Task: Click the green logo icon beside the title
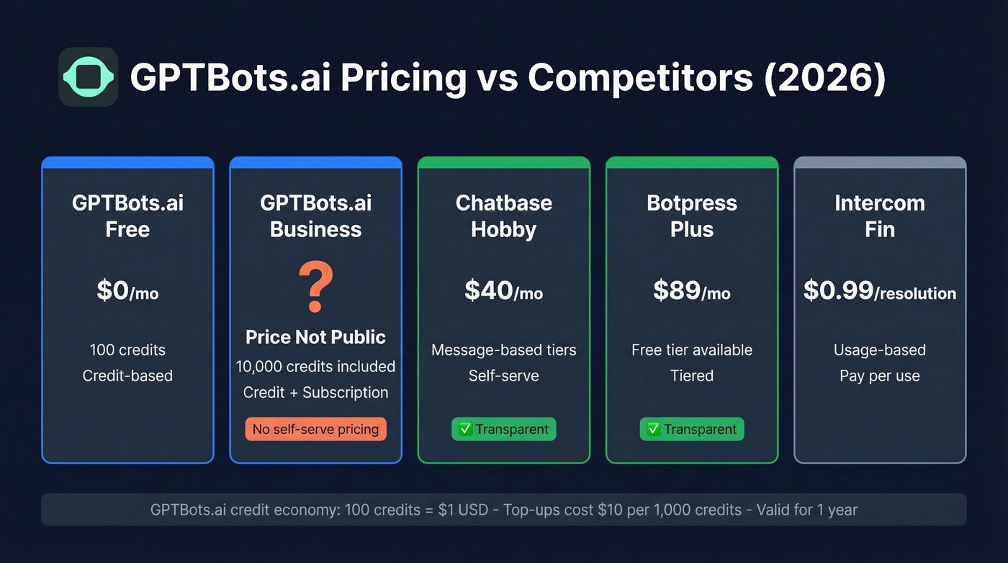88,77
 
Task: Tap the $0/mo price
127,291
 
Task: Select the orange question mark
315,288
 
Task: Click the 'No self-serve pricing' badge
315,430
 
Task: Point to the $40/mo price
503,291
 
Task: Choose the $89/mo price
691,291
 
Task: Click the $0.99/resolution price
879,291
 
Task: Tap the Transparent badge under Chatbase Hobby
503,430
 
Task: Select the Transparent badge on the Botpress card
691,430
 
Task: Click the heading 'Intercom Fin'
879,216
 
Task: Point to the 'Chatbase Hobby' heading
503,216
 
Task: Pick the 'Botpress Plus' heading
691,216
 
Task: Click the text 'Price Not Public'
315,337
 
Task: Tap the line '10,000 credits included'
315,366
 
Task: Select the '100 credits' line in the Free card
127,350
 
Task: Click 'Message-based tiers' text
503,350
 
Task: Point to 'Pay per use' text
879,376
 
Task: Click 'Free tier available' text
691,350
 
